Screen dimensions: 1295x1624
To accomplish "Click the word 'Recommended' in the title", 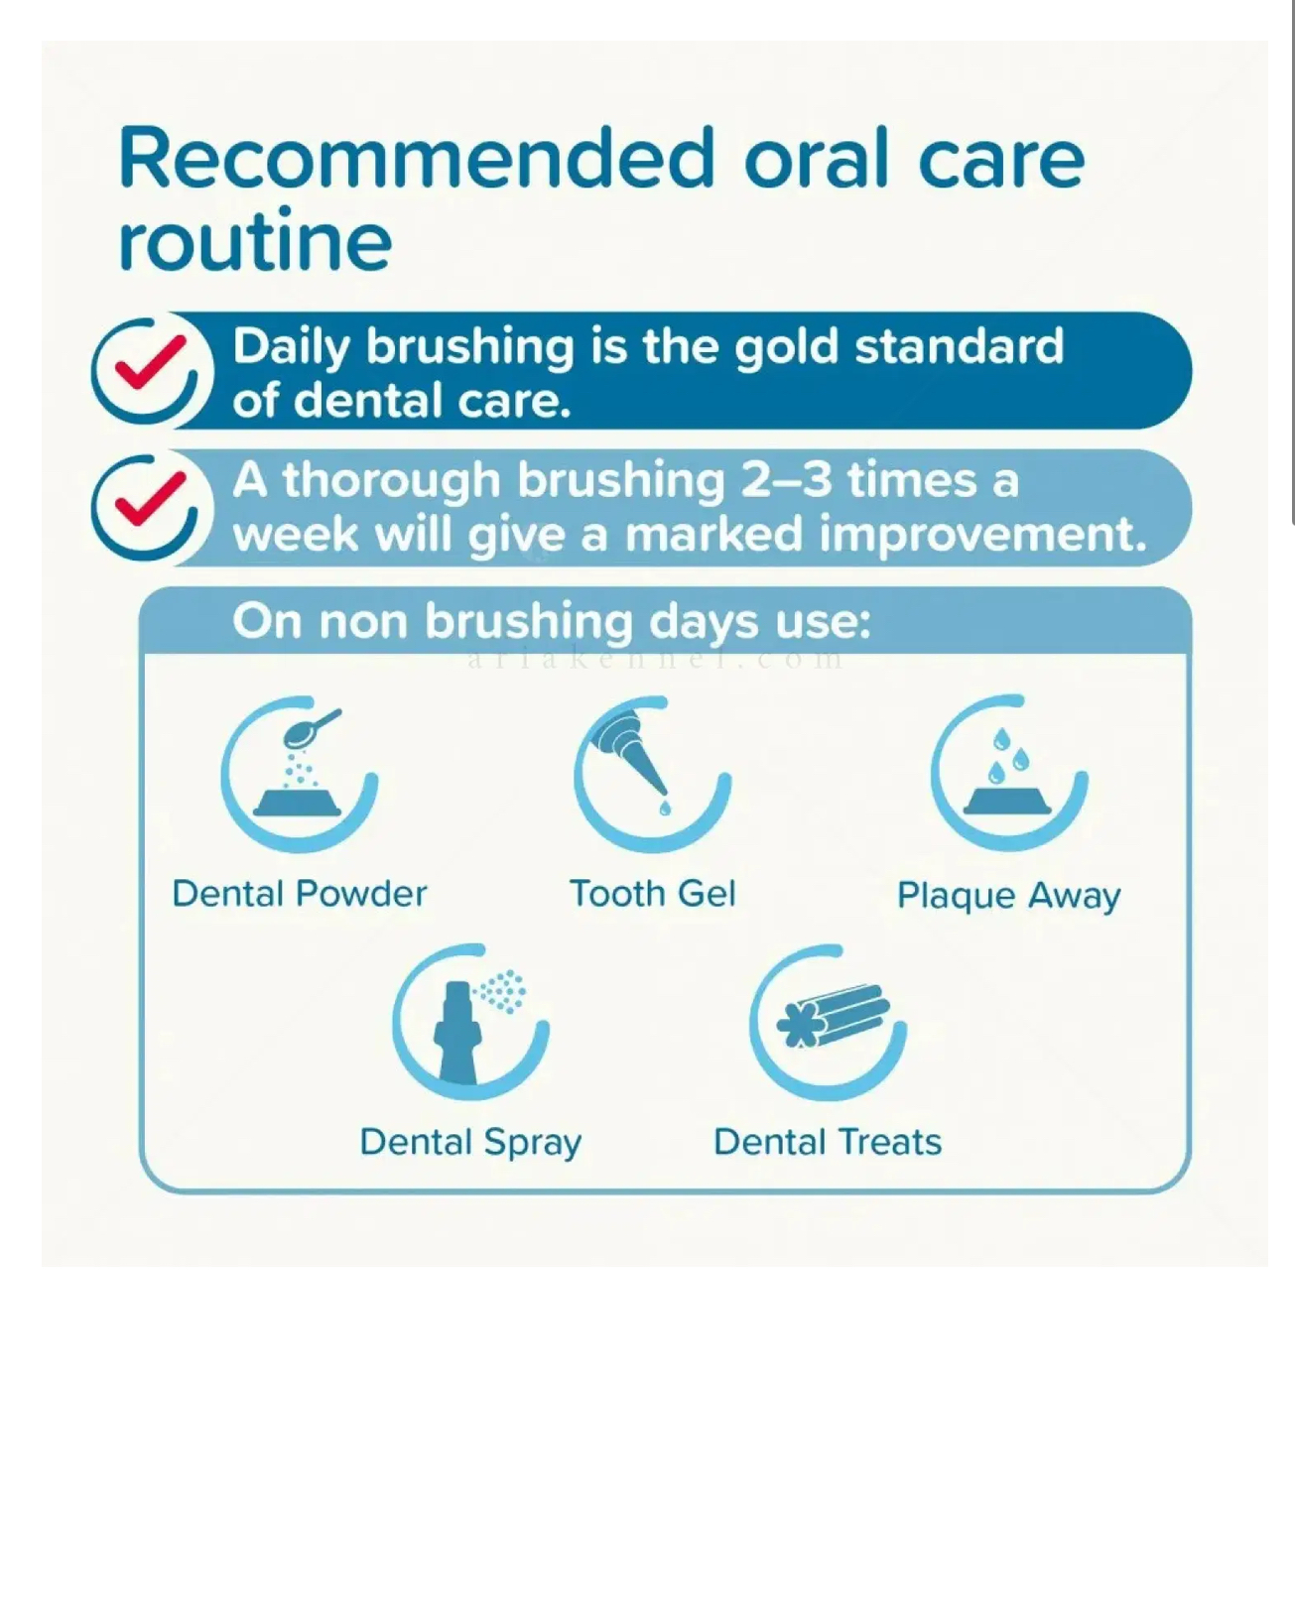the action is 416,159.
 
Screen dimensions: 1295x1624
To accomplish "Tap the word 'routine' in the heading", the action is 255,240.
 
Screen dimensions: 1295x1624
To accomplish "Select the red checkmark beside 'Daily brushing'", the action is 150,361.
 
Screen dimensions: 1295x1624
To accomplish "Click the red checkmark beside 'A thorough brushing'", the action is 150,497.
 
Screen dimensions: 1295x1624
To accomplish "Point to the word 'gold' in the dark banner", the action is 786,348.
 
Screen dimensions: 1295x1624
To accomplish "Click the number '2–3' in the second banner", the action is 785,481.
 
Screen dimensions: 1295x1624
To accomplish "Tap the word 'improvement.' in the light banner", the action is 983,536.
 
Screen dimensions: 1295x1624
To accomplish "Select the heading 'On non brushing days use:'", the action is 551,622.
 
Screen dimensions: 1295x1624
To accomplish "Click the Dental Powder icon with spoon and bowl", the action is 300,774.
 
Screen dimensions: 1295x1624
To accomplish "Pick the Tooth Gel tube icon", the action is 652,774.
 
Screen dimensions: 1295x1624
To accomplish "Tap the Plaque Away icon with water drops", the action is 1009,773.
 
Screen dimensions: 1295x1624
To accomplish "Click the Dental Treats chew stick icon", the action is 829,1022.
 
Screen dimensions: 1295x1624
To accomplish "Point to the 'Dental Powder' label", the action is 300,894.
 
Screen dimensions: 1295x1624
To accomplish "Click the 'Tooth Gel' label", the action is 652,894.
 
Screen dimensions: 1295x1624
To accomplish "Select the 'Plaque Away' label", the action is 1009,897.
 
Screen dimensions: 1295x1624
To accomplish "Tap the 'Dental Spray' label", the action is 471,1143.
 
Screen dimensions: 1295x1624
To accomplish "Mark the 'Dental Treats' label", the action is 829,1142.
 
